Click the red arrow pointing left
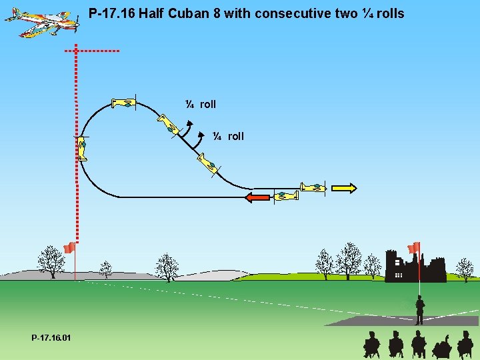pyautogui.click(x=257, y=197)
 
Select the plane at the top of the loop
pyautogui.click(x=124, y=103)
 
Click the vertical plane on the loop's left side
pyautogui.click(x=82, y=148)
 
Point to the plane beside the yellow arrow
pyautogui.click(x=312, y=187)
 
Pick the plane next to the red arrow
pyautogui.click(x=287, y=196)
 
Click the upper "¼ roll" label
pyautogui.click(x=201, y=104)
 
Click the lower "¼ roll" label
pyautogui.click(x=229, y=136)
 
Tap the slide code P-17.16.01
pyautogui.click(x=51, y=339)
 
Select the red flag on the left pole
pyautogui.click(x=68, y=248)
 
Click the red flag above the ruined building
pyautogui.click(x=413, y=247)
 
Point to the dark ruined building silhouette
pyautogui.click(x=413, y=268)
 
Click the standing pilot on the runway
pyautogui.click(x=419, y=310)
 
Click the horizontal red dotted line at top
pyautogui.click(x=92, y=51)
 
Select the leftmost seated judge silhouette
pyautogui.click(x=371, y=343)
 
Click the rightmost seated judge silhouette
pyautogui.click(x=465, y=343)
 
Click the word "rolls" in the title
pyautogui.click(x=390, y=13)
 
